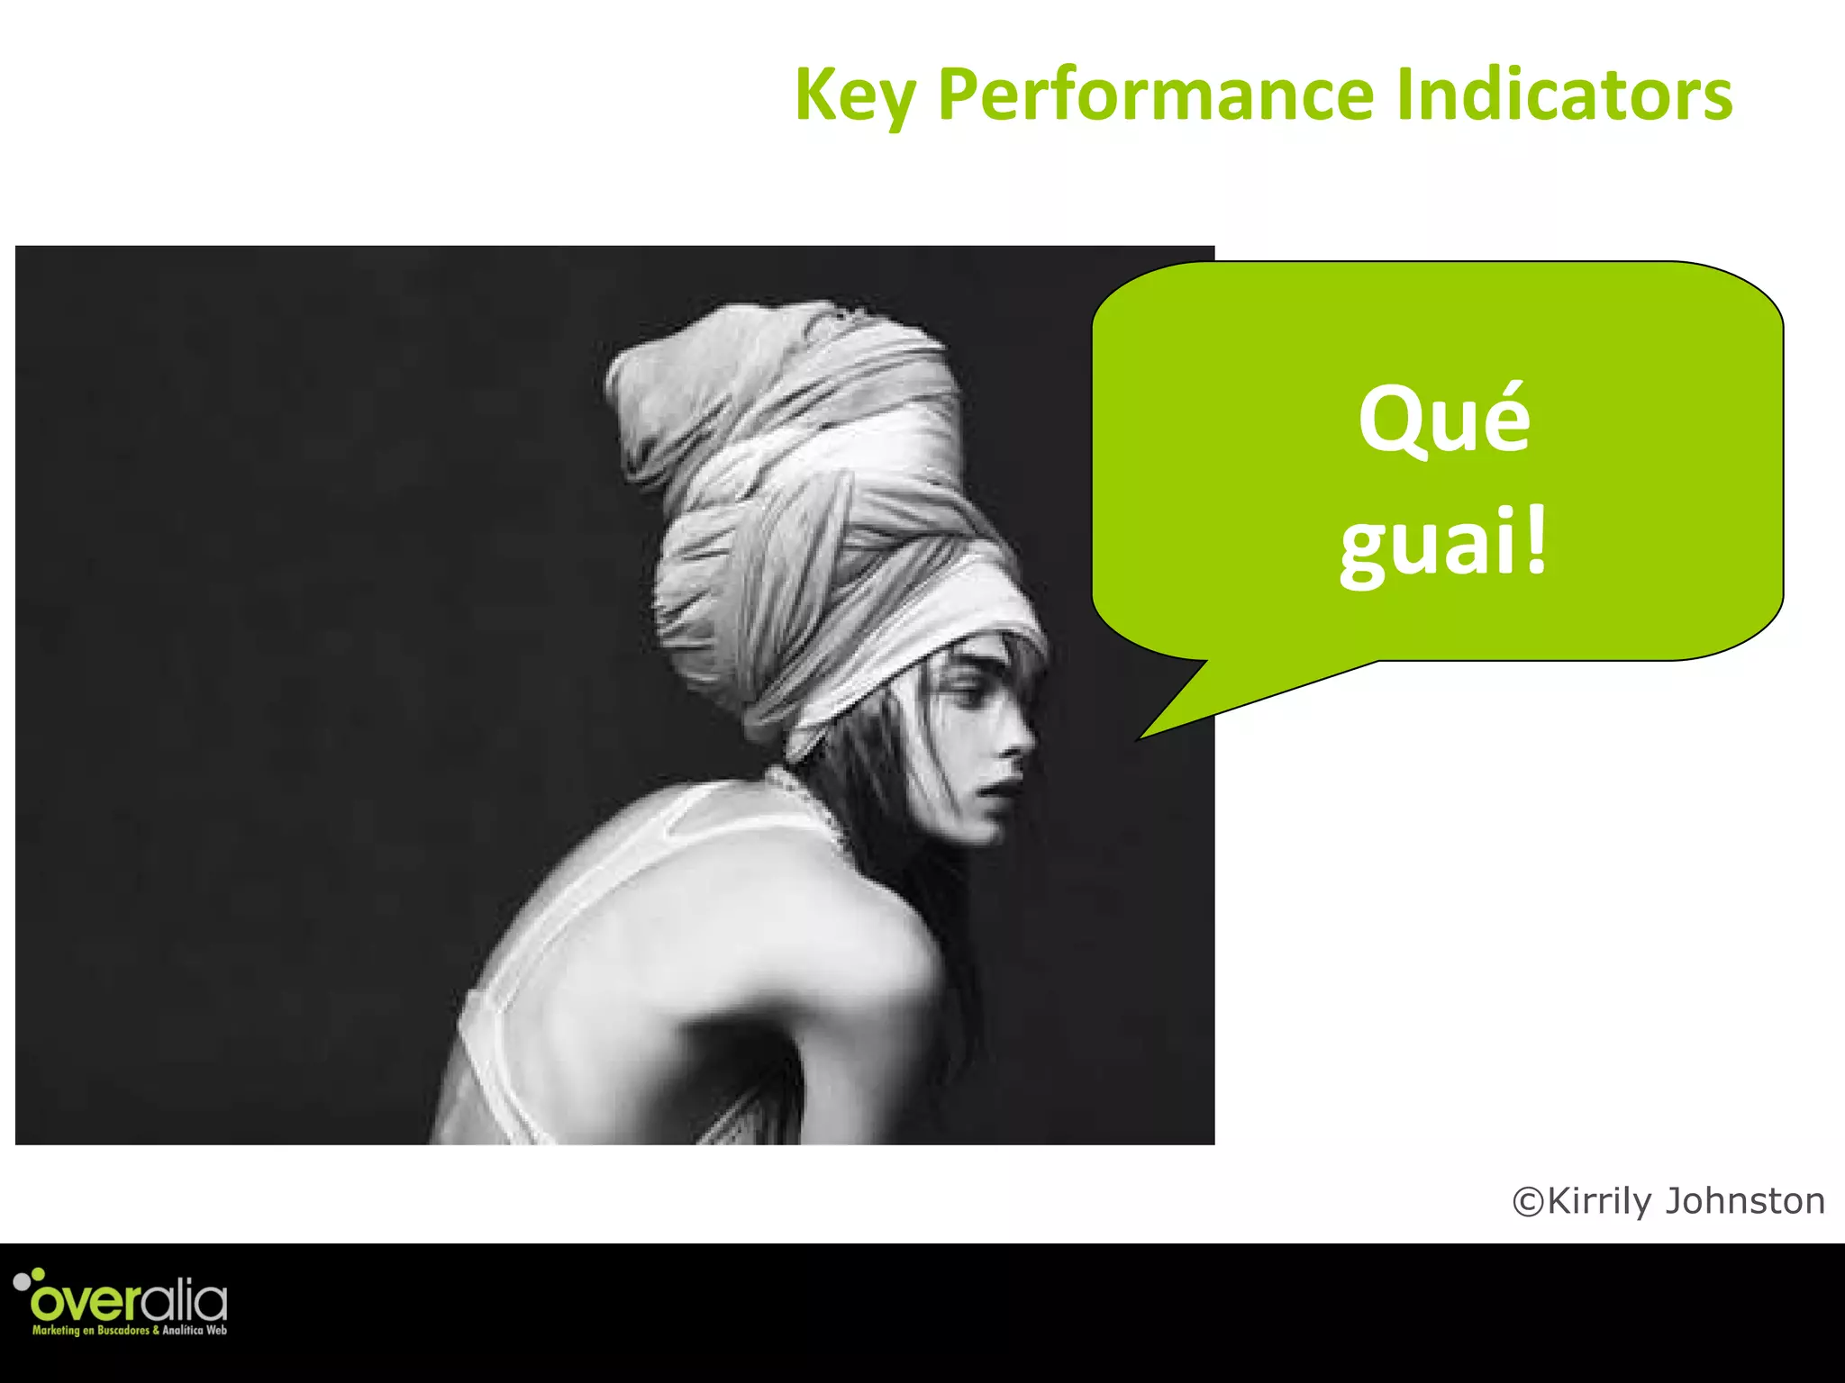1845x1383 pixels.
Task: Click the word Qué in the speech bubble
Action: point(1444,418)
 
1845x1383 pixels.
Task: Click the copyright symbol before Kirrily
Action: point(1528,1202)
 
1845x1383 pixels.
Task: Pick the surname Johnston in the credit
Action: point(1744,1202)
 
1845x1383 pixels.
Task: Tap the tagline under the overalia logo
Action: point(130,1330)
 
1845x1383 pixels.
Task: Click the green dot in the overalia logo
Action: point(38,1273)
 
